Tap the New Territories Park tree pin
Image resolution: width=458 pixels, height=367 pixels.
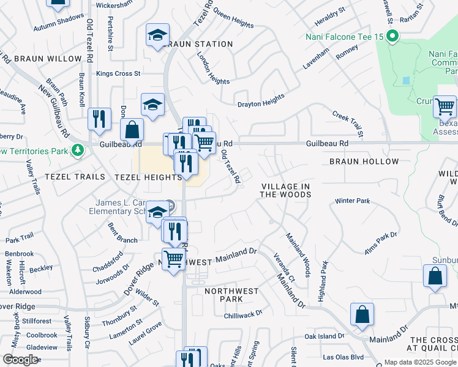tap(77, 150)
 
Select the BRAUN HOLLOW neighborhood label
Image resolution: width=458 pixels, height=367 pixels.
tap(364, 161)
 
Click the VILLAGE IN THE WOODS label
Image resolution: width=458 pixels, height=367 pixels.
tap(285, 190)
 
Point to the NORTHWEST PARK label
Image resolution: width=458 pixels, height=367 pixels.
tap(232, 295)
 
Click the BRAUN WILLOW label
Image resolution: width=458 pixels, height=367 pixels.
tap(47, 59)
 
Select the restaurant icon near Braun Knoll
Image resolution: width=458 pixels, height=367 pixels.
tap(99, 118)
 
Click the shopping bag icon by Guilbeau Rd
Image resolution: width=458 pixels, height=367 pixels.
tap(132, 129)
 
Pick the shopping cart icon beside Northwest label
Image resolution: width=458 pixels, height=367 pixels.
tap(174, 259)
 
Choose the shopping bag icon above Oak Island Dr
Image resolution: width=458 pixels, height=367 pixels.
tap(362, 314)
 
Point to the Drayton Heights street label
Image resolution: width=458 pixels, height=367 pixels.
tap(261, 100)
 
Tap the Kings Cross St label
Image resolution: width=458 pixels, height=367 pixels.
tap(118, 73)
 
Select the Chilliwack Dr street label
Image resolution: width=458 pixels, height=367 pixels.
tap(243, 313)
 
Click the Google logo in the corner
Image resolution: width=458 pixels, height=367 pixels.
tap(20, 360)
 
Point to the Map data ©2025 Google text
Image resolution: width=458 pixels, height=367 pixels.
tap(420, 362)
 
